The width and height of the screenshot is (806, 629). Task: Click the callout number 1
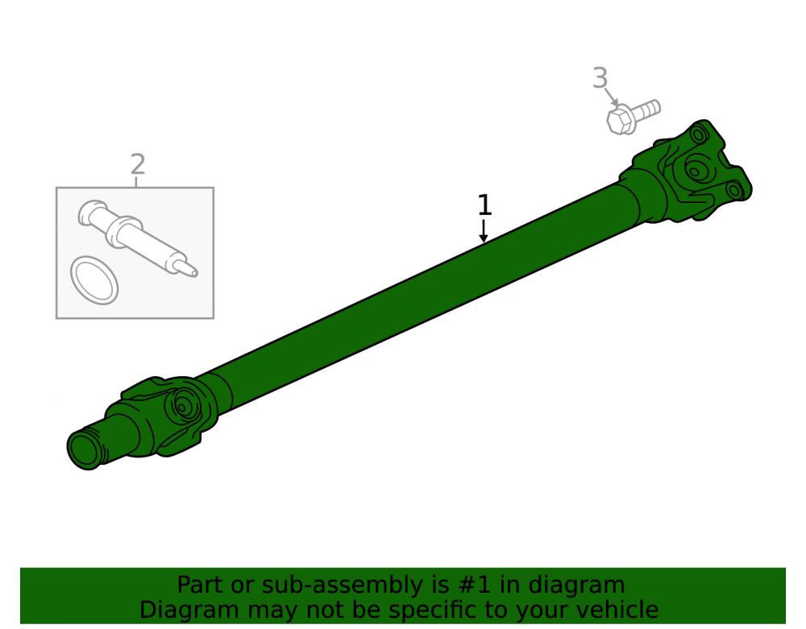point(484,205)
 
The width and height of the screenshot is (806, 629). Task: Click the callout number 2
point(138,164)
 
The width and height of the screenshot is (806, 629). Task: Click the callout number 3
point(600,78)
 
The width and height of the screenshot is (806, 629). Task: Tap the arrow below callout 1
point(483,230)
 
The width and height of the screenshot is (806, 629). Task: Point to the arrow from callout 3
point(611,97)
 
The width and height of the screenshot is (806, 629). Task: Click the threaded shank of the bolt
point(646,109)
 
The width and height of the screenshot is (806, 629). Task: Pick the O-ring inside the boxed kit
point(94,280)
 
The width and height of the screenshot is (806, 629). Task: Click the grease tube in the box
point(137,238)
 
